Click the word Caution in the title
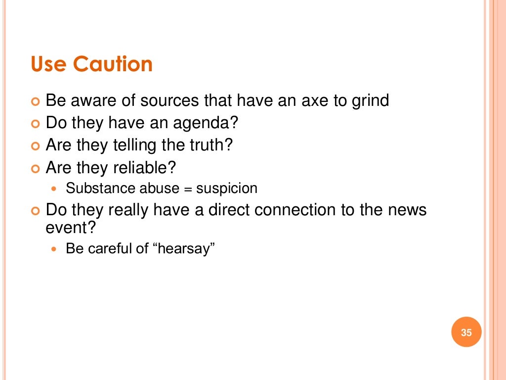[113, 64]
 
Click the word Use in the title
[48, 64]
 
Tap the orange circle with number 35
[466, 332]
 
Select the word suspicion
[227, 189]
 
